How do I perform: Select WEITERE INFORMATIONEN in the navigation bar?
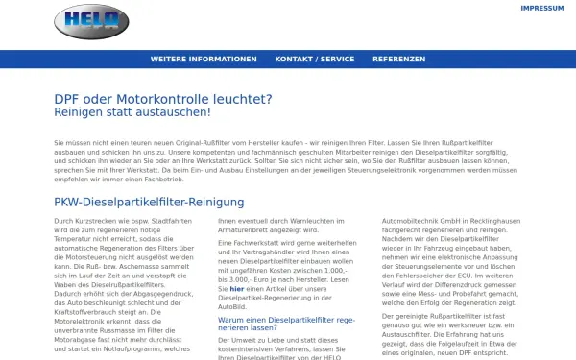[x=204, y=59]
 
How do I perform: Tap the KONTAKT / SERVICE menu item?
[x=315, y=59]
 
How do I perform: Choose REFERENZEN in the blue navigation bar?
[x=399, y=59]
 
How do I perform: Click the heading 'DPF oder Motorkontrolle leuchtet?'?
[x=163, y=98]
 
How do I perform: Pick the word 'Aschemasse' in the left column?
[x=132, y=262]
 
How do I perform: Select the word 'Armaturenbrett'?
[x=249, y=230]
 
